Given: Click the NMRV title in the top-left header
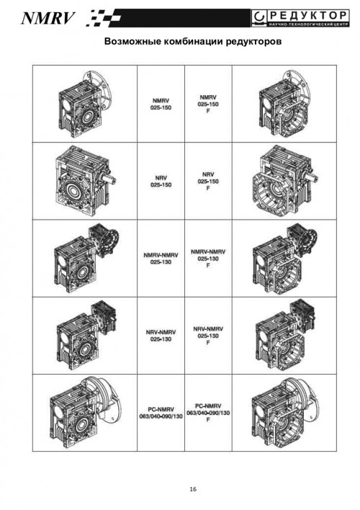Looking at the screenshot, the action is [48, 18].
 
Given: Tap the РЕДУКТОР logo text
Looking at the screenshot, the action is [308, 15].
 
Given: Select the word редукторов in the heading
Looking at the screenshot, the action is [253, 42].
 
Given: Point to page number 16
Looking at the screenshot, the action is [193, 489].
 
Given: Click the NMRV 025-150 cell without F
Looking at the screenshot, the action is [161, 104].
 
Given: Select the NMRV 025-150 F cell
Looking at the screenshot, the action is [208, 104].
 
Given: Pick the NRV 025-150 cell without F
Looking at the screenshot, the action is [161, 182].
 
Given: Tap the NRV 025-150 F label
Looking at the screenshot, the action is [208, 182].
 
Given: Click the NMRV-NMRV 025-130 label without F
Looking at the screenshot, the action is [161, 259].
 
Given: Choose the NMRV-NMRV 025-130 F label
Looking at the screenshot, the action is [208, 259].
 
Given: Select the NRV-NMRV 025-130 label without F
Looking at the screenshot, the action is [161, 336].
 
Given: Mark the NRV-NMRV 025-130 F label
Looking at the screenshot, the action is [208, 336].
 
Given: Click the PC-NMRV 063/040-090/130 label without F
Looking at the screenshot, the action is [161, 413].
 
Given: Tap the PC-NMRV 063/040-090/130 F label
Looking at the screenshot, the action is [208, 413].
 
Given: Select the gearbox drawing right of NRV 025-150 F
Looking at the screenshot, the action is [284, 181].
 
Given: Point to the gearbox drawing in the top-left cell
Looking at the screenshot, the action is [85, 104].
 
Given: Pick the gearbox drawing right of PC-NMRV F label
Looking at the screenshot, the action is [284, 413].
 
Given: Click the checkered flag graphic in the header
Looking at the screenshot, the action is [104, 18].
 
